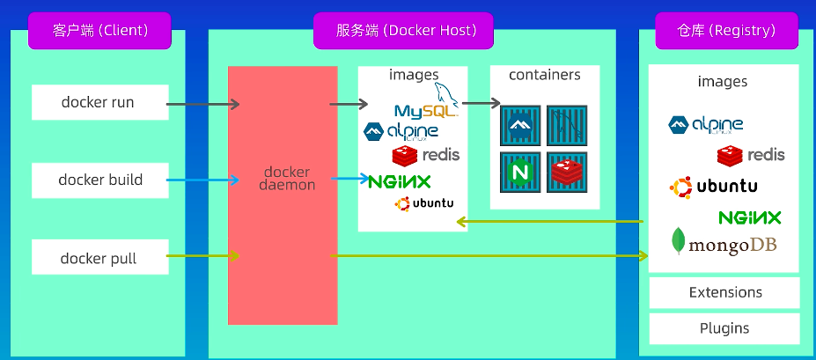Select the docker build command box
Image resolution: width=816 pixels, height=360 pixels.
tap(100, 180)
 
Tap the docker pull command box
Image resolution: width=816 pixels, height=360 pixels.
tap(100, 257)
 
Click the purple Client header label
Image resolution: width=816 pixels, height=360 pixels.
tap(99, 31)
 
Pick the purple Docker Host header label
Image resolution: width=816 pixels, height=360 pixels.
tap(403, 31)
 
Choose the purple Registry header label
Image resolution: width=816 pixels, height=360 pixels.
tap(726, 31)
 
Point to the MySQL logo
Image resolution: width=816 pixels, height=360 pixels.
tap(427, 101)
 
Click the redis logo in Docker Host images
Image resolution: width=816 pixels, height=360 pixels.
tap(426, 155)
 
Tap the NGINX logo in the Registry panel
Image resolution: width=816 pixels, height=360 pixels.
tap(749, 217)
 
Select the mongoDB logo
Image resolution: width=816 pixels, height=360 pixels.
tap(724, 242)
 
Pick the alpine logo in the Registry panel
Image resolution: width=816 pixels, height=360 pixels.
tap(706, 125)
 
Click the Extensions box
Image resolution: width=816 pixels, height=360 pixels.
tap(724, 292)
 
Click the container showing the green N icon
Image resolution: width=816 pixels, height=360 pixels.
tap(520, 173)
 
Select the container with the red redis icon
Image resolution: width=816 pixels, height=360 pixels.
tap(567, 173)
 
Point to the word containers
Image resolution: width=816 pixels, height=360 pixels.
tap(544, 75)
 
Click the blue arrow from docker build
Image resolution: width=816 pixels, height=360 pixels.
tap(202, 180)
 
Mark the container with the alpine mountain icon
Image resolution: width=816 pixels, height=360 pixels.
tap(520, 125)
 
